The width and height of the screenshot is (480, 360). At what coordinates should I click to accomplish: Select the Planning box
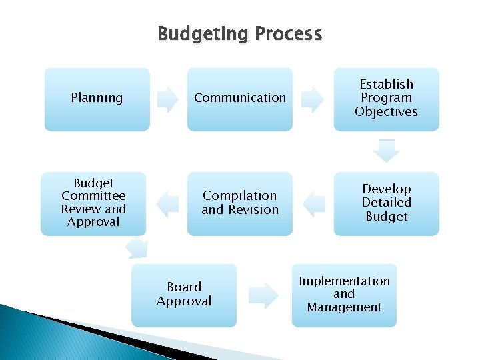[x=97, y=99]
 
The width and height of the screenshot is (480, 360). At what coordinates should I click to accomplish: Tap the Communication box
[x=240, y=99]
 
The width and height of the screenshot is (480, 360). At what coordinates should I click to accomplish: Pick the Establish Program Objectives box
[x=387, y=99]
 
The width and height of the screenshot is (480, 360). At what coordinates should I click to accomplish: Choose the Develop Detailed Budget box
[x=387, y=203]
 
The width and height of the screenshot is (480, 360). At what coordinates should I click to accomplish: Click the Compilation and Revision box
[x=240, y=203]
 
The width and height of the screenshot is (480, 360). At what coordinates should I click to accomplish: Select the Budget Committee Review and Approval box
[x=93, y=203]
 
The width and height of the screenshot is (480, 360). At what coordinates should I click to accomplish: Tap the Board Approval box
[x=184, y=295]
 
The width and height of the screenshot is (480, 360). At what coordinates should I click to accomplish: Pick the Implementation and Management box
[x=344, y=295]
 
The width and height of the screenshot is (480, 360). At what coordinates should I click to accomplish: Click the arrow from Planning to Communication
[x=168, y=99]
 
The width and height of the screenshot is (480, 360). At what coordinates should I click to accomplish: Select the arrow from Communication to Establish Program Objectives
[x=313, y=99]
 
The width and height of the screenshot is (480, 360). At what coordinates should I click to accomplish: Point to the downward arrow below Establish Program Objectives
[x=387, y=151]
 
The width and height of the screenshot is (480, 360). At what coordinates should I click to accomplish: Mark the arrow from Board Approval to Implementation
[x=264, y=295]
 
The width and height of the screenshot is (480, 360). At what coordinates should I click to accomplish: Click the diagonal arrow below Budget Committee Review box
[x=137, y=248]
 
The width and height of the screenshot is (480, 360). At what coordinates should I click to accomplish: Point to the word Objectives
[x=387, y=111]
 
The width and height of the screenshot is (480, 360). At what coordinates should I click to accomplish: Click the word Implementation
[x=344, y=281]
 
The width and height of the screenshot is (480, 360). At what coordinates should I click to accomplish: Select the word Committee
[x=93, y=196]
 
